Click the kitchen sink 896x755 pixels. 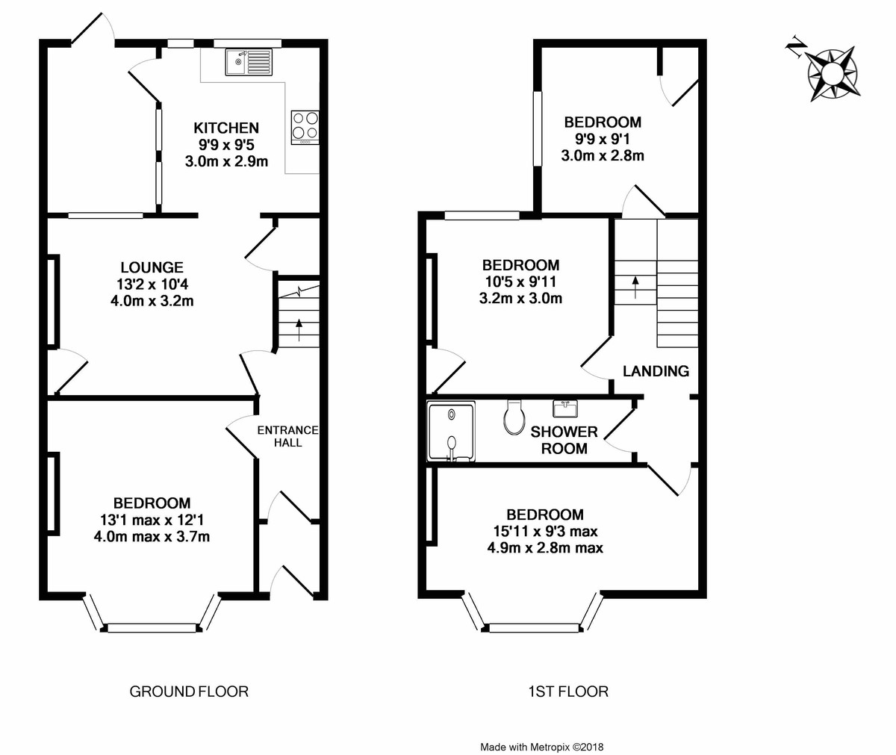coord(249,62)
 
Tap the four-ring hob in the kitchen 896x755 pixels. coord(305,128)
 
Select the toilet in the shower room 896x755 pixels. coord(514,417)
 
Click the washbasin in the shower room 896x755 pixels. coord(565,408)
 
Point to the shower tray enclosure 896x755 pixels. coord(451,432)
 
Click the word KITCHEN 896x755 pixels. coord(226,128)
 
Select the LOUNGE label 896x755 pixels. coord(152,267)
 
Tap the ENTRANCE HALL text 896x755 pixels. coord(288,436)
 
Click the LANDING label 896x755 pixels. coord(656,371)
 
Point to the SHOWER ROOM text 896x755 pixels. coord(564,440)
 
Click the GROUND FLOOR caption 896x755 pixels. coord(189,692)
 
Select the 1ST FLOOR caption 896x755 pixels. coord(568,692)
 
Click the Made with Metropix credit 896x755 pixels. coord(542,748)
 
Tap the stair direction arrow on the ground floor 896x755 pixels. coord(298,329)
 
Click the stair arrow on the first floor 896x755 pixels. coord(635,287)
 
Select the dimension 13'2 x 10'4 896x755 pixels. coord(152,284)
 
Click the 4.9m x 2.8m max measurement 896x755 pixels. coord(545,548)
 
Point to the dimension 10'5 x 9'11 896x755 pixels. coord(520,282)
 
